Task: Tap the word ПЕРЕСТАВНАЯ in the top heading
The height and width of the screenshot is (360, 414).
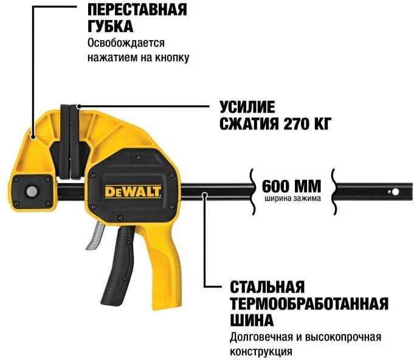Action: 137,10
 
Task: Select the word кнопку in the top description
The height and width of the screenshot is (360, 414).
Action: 173,58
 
